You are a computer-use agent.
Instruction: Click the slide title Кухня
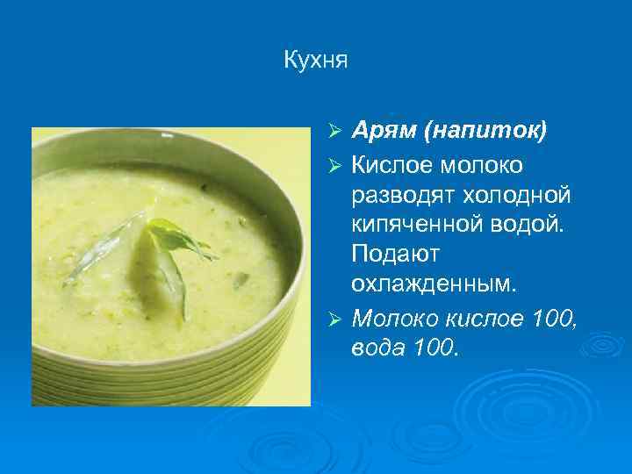point(316,61)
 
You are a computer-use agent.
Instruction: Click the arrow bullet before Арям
point(334,133)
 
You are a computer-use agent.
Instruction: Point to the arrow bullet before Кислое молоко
point(334,164)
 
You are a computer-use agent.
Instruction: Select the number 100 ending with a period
point(434,347)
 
